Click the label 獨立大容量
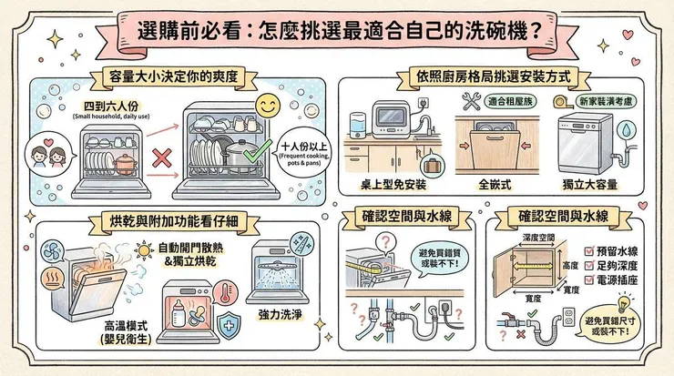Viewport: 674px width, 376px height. click(x=592, y=186)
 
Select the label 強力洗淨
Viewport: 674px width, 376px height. click(x=281, y=313)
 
